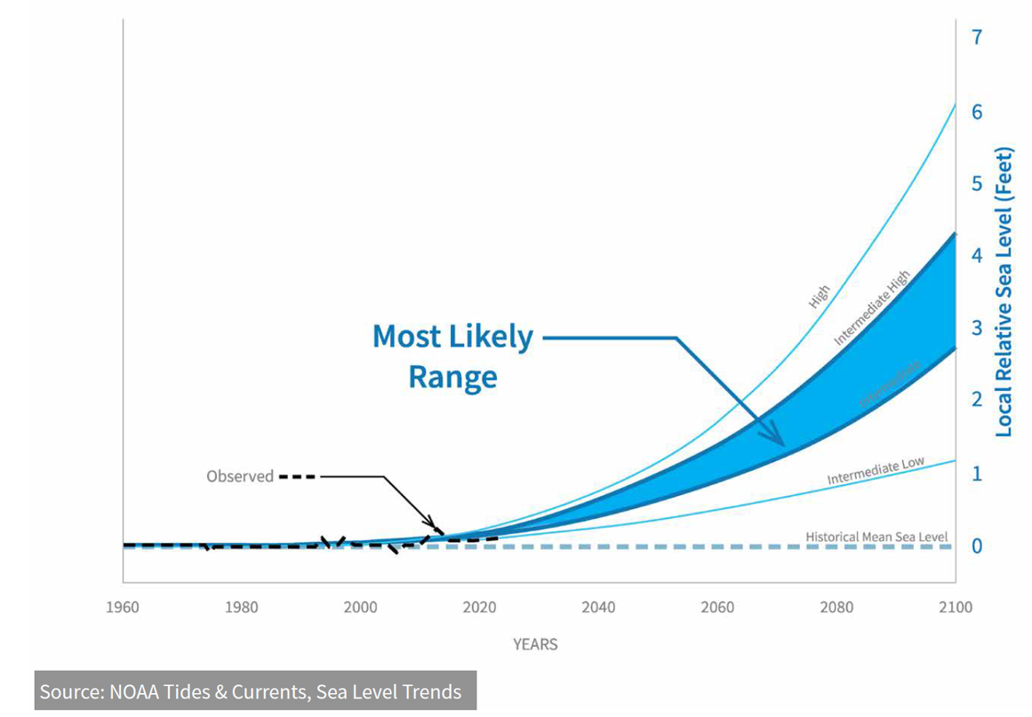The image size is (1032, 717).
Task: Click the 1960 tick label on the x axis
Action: [123, 608]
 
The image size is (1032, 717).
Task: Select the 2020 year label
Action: [479, 608]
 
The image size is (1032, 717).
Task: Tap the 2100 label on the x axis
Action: [955, 608]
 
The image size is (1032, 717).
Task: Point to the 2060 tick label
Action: [717, 608]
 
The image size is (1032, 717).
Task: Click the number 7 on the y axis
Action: [977, 37]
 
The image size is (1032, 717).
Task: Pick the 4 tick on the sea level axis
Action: [977, 256]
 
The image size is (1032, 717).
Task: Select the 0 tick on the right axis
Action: [977, 546]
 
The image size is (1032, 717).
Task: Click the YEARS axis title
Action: [535, 644]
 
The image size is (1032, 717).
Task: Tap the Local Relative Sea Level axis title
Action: [1004, 291]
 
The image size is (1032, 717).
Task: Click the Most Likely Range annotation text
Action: [452, 356]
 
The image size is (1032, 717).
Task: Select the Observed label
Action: [240, 476]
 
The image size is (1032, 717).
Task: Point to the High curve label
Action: [820, 296]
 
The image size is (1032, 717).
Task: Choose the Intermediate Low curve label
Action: [876, 472]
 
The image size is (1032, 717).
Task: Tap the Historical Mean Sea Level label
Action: [876, 537]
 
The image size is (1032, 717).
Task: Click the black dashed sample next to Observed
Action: [297, 476]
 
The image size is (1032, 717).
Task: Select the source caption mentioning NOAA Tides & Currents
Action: [251, 691]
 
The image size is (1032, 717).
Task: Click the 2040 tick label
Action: [598, 608]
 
